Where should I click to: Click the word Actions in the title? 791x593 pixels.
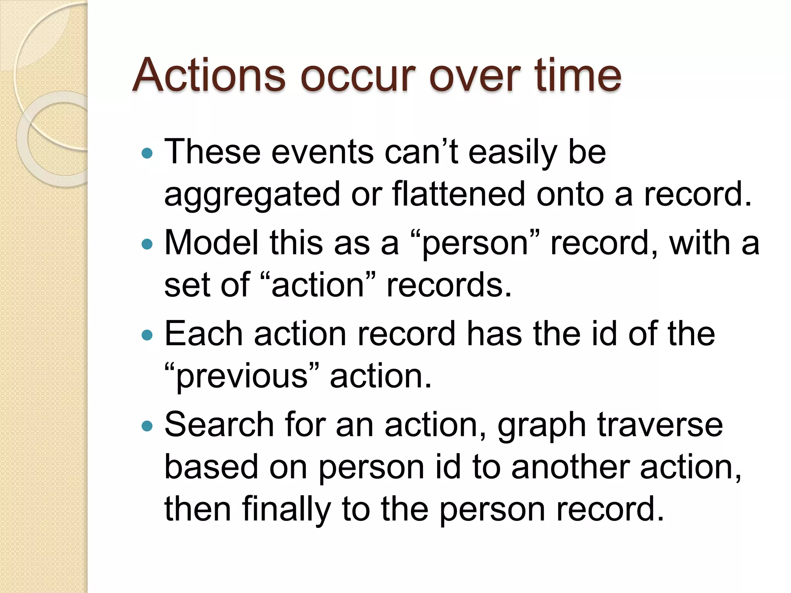click(209, 75)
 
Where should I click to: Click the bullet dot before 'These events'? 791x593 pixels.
click(147, 154)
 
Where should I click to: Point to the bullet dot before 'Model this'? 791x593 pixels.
click(147, 244)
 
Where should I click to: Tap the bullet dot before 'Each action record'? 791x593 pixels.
click(147, 335)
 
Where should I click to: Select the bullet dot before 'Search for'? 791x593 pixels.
click(147, 426)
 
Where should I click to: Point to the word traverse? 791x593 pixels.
click(660, 425)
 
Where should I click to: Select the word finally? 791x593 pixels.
click(286, 510)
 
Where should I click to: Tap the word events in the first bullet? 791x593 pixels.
click(323, 152)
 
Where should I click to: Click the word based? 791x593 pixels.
click(211, 467)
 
